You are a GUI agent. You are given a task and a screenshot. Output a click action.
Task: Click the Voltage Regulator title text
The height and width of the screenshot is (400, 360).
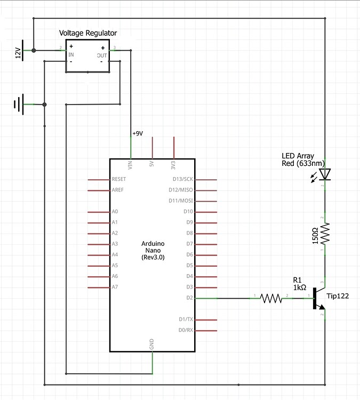[87, 33]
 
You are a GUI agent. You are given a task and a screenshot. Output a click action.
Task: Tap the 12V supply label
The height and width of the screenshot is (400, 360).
[18, 53]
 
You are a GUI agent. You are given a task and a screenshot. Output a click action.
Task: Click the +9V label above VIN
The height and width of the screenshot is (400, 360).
[138, 133]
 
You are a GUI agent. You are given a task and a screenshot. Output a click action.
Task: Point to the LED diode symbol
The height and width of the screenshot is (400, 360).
[324, 174]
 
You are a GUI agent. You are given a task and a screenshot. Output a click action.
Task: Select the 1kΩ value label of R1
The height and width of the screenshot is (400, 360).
[300, 287]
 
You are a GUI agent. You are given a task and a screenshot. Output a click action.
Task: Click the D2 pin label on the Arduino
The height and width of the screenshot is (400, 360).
[189, 298]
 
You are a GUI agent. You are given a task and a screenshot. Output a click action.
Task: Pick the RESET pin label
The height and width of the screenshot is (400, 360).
[119, 179]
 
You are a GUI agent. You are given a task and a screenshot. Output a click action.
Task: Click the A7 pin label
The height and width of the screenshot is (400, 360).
[115, 287]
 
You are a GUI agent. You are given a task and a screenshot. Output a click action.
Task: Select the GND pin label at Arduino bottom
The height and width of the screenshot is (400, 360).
[153, 345]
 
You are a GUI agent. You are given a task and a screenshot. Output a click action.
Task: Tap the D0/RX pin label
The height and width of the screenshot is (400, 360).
[185, 330]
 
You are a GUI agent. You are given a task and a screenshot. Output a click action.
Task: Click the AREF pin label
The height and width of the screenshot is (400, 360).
[117, 190]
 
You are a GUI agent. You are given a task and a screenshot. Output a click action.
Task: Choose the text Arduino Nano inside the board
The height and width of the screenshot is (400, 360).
[153, 247]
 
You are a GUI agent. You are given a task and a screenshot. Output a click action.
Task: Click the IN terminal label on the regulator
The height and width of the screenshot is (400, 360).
[71, 54]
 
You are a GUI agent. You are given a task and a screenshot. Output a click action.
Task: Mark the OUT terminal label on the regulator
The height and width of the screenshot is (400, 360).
[101, 54]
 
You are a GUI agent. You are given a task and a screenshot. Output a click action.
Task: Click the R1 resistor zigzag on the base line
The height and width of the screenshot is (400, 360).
[271, 298]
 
